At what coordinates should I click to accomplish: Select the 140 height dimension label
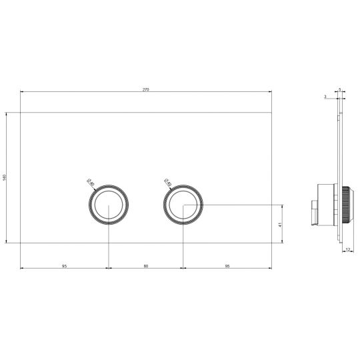tap(5, 177)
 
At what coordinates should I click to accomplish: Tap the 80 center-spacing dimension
tap(146, 266)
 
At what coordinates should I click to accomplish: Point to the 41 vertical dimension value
tap(281, 224)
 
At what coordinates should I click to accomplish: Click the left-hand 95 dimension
tap(65, 266)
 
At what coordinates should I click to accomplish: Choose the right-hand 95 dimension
tap(227, 266)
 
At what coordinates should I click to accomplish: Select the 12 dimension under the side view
tap(349, 251)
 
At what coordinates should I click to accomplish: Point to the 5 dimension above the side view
tap(339, 89)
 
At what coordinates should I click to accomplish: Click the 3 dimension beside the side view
tap(325, 97)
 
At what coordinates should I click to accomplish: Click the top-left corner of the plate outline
tap(21, 112)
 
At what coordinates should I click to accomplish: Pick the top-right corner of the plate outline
tap(272, 112)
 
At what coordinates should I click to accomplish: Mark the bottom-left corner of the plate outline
tap(21, 243)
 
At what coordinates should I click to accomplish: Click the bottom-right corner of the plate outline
tap(272, 243)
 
